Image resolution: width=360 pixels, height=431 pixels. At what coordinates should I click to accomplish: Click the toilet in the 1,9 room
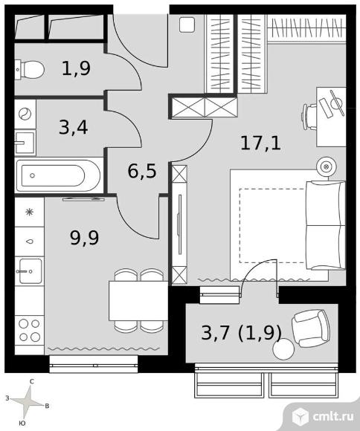[30, 70]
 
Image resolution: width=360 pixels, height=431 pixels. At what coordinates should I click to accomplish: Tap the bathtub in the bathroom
[58, 175]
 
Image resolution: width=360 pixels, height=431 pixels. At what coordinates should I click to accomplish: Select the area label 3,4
[74, 127]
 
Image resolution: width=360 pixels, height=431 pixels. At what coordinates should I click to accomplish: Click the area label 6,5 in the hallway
[142, 171]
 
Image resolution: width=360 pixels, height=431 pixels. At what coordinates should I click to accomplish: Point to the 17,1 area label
[260, 143]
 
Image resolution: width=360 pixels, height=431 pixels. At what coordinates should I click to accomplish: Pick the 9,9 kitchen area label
[84, 237]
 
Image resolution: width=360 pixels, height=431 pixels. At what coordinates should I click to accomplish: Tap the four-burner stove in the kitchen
[30, 330]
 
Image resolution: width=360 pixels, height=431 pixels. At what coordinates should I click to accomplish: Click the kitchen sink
[30, 271]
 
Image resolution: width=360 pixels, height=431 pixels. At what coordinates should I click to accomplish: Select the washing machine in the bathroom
[25, 114]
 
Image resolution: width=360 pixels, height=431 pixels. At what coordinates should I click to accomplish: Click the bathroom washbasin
[25, 143]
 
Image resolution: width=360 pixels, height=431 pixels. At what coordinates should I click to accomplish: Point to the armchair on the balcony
[311, 328]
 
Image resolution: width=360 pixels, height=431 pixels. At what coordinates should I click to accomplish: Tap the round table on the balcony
[283, 349]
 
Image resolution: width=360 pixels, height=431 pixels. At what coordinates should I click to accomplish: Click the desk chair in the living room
[309, 116]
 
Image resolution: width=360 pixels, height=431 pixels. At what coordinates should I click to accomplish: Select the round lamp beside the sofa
[327, 166]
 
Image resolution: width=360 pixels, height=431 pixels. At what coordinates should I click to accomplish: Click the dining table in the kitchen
[138, 301]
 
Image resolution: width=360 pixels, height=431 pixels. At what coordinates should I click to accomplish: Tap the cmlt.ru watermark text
[333, 416]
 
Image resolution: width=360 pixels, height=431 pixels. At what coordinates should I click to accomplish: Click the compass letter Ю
[22, 424]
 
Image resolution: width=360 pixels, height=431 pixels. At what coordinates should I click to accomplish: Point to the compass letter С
[32, 381]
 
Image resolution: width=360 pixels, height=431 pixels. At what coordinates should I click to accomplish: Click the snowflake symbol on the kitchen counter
[29, 212]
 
